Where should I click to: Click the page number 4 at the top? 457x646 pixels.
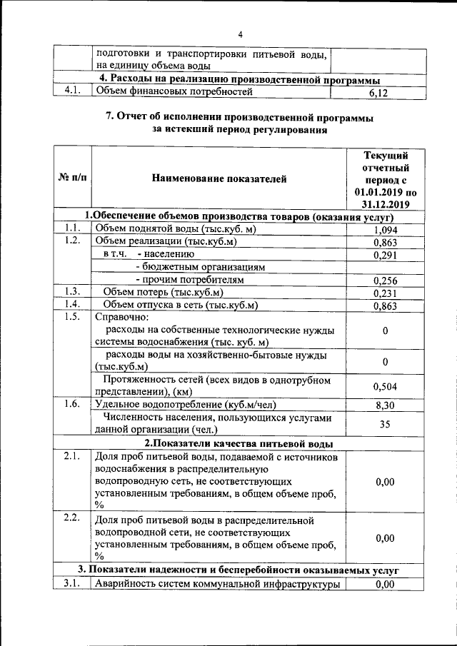(241, 34)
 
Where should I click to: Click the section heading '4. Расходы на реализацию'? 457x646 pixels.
(238, 79)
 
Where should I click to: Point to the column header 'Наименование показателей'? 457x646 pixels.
(219, 179)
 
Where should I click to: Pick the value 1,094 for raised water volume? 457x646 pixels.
(385, 230)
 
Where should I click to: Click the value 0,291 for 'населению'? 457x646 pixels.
(385, 255)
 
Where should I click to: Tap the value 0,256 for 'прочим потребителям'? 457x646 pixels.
(385, 281)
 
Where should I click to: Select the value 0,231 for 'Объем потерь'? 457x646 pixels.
(385, 293)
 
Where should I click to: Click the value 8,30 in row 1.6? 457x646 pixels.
(385, 405)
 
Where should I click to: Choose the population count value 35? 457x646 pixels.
(385, 423)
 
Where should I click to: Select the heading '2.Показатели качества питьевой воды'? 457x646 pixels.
(238, 443)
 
